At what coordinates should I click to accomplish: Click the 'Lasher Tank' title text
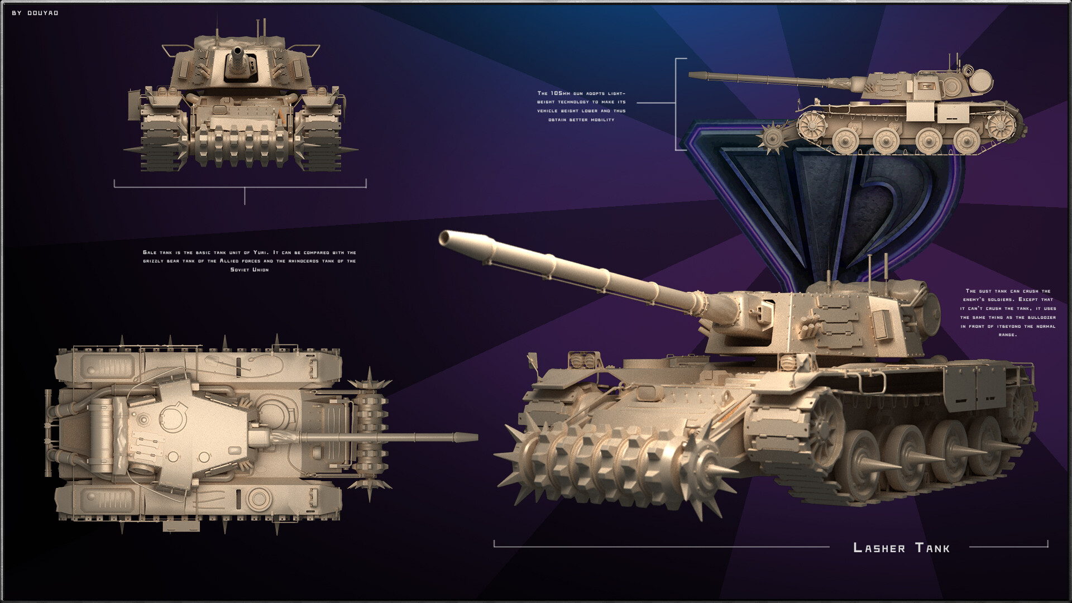901,548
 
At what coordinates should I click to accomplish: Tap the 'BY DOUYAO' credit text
35,13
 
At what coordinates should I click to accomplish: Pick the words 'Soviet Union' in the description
250,270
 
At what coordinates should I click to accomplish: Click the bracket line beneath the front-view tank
240,184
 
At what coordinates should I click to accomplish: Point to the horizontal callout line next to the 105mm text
657,103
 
